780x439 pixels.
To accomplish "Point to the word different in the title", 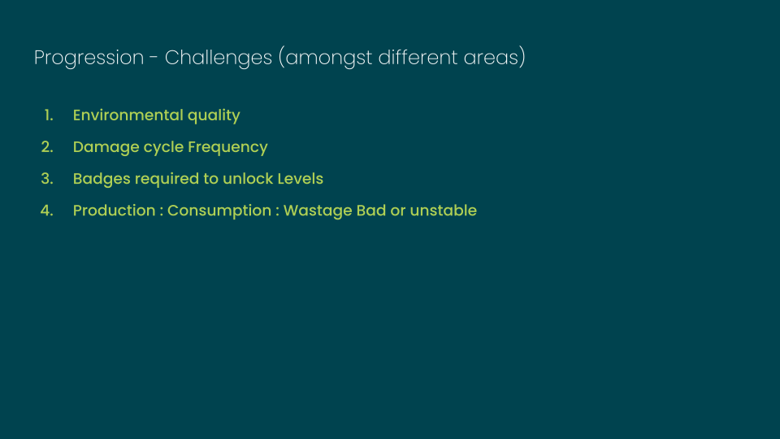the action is pyautogui.click(x=418, y=57).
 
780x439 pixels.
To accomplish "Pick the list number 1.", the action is pyautogui.click(x=49, y=115).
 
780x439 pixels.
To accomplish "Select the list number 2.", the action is pyautogui.click(x=47, y=147).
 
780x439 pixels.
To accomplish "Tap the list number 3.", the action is pyautogui.click(x=47, y=179).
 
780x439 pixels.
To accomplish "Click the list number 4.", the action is pyautogui.click(x=47, y=211).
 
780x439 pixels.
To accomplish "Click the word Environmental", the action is pyautogui.click(x=128, y=115).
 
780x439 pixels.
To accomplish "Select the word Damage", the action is pyautogui.click(x=106, y=148).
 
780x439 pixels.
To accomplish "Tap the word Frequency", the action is pyautogui.click(x=227, y=148).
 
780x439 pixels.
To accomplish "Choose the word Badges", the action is pyautogui.click(x=102, y=179).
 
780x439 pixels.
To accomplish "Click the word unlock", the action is pyautogui.click(x=248, y=179).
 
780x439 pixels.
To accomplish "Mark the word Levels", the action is pyautogui.click(x=301, y=179).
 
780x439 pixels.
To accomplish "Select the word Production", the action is pyautogui.click(x=115, y=211).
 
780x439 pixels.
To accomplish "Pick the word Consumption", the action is pyautogui.click(x=219, y=211).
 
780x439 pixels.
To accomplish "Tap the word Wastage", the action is pyautogui.click(x=318, y=211).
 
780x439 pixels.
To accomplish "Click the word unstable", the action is pyautogui.click(x=444, y=211).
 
